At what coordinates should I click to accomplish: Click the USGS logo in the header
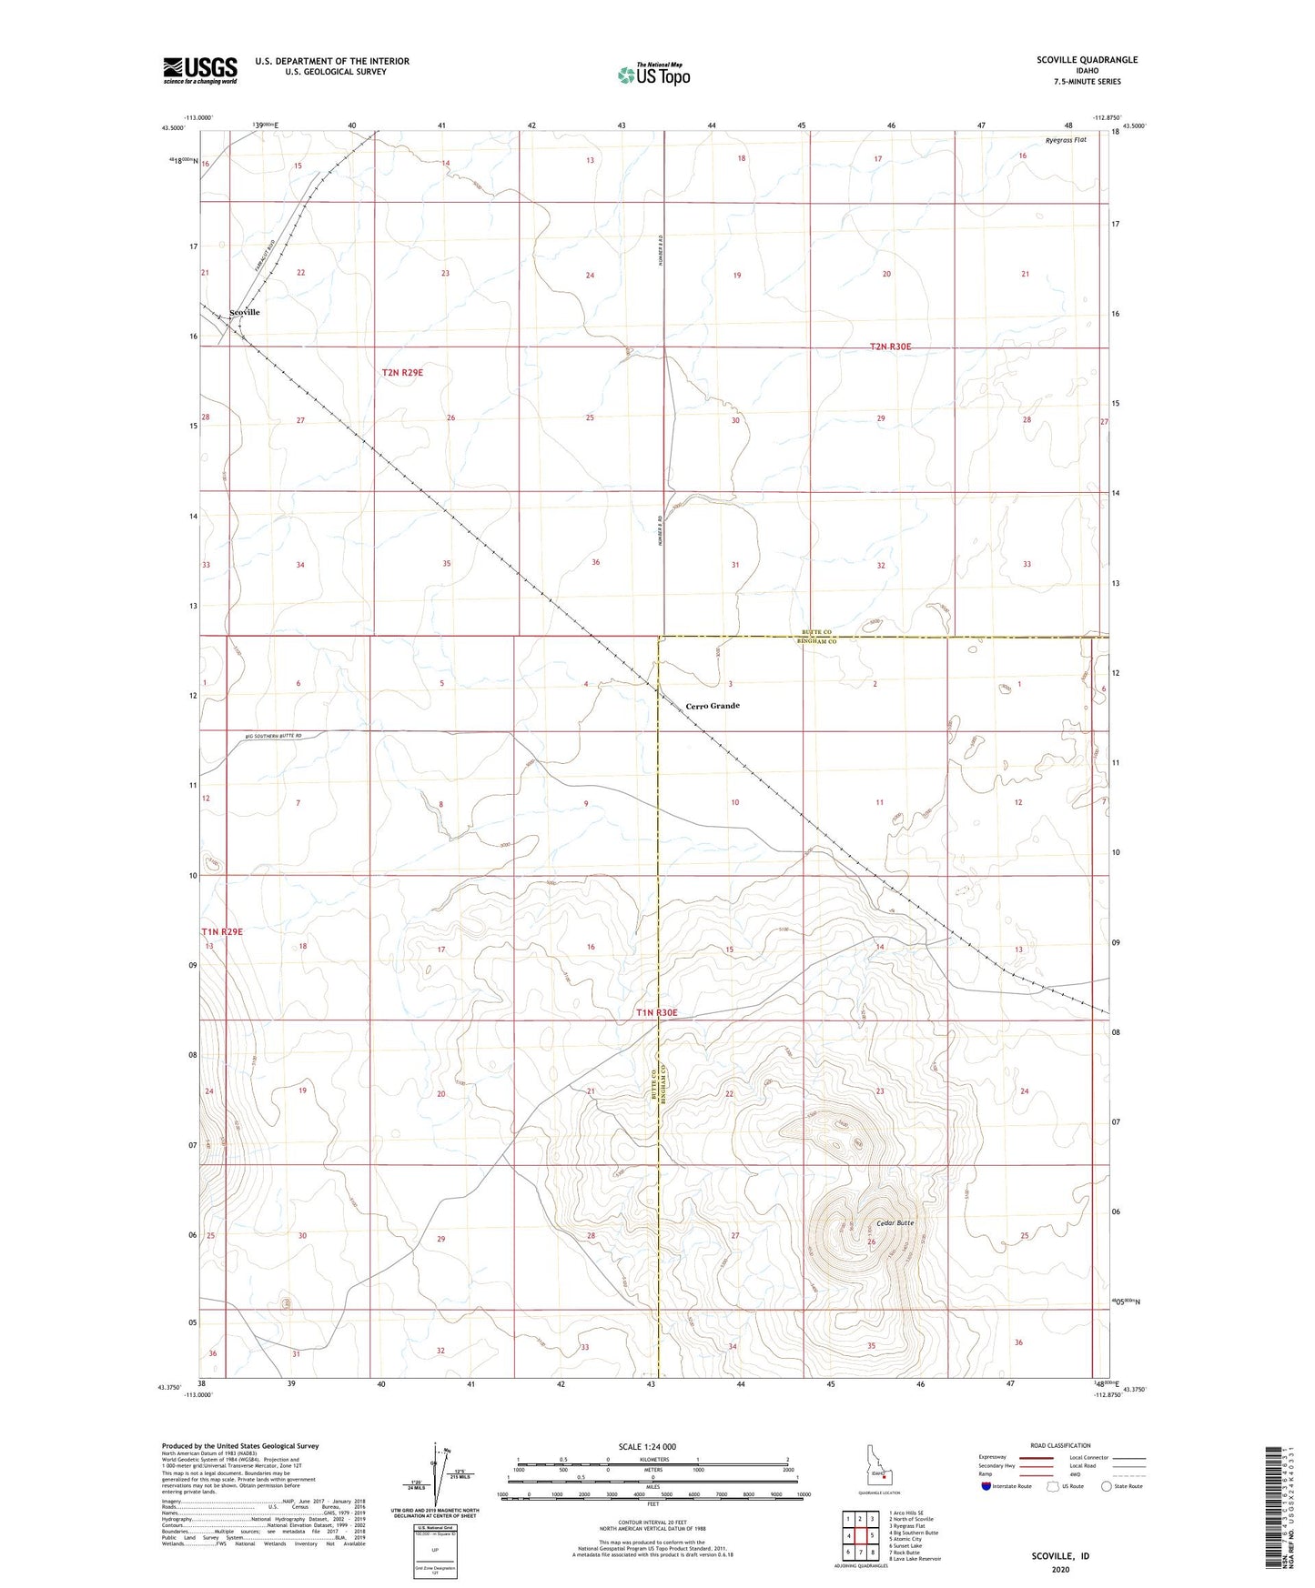(x=200, y=70)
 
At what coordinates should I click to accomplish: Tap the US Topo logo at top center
(x=653, y=75)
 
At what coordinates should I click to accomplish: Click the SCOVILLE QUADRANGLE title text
(x=1087, y=60)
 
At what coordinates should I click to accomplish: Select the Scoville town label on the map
(x=245, y=312)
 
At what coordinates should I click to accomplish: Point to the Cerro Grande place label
(x=713, y=706)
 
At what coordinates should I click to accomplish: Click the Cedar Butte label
(x=895, y=1222)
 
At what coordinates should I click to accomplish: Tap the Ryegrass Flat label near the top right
(x=1066, y=140)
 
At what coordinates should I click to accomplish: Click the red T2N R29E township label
(x=402, y=372)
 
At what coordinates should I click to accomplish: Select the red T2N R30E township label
(x=890, y=347)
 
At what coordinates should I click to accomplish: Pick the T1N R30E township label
(x=656, y=1012)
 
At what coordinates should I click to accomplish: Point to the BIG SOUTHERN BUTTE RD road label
(x=273, y=736)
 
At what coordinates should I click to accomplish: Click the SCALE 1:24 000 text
(x=647, y=1446)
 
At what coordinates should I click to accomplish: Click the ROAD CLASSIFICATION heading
(x=1060, y=1445)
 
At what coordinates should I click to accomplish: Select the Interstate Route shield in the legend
(x=987, y=1486)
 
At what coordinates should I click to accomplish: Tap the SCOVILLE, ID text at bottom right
(x=1060, y=1556)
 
